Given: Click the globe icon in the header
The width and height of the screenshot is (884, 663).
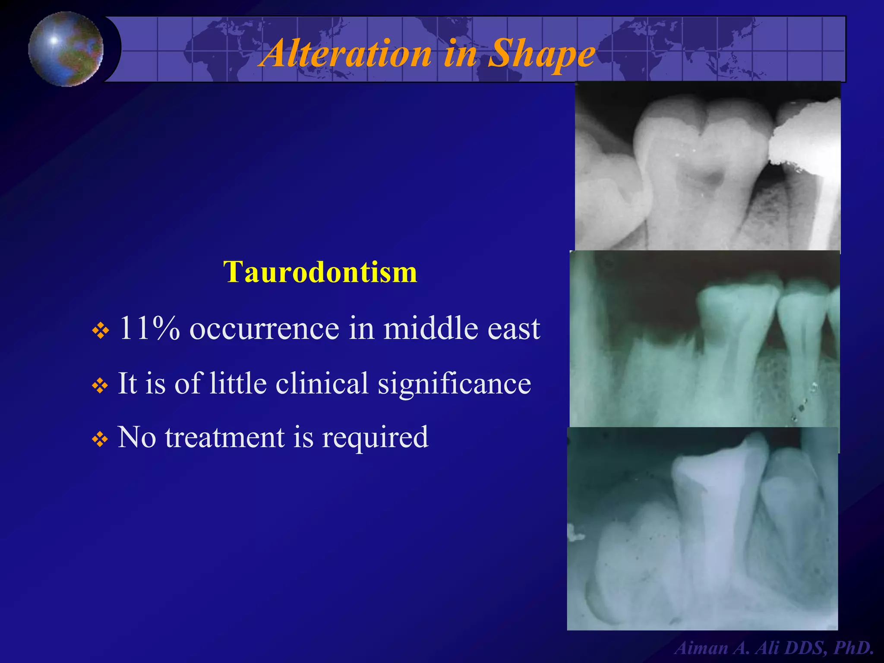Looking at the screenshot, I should coord(66,49).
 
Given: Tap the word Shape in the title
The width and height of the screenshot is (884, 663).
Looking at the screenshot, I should coord(541,54).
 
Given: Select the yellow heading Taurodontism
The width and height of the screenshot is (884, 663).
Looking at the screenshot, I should coord(320,272).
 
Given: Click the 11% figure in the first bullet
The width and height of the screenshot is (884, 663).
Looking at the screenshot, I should coord(149,328).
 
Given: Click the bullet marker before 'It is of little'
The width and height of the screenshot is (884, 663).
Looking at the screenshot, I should coord(100,385).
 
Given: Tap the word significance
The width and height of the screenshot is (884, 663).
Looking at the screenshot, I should coord(454,383).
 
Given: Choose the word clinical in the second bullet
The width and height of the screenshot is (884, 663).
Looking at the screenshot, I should coord(322,383).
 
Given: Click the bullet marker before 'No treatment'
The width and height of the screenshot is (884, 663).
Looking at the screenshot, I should coord(100,440).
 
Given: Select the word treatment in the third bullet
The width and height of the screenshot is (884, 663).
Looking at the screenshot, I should coord(224,438).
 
